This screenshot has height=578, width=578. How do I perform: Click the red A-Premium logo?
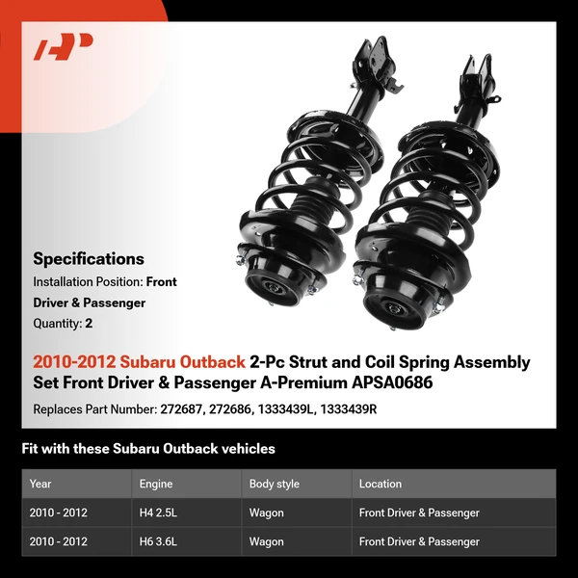tap(64, 46)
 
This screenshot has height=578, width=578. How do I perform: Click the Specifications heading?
tap(89, 258)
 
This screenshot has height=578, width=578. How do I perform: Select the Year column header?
tap(40, 484)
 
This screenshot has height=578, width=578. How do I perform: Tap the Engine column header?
tap(156, 484)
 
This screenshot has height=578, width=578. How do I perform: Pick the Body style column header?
tap(275, 484)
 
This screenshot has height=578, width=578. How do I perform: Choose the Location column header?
tap(381, 484)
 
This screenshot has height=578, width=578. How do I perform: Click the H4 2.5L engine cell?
tap(159, 512)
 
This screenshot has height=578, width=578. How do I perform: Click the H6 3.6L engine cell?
tap(159, 541)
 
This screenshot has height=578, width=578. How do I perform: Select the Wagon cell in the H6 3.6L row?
tap(267, 541)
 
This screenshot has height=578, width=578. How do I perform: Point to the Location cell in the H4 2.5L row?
tap(419, 512)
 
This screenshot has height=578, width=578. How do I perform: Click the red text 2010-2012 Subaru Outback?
tap(139, 362)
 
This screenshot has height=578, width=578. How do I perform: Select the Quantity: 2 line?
tap(63, 323)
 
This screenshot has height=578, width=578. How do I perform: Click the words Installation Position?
tap(87, 282)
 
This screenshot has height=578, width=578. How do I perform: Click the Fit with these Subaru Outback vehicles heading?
tap(148, 448)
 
